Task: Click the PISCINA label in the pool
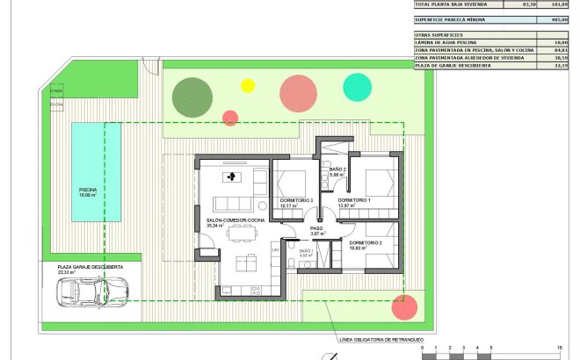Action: [87, 191]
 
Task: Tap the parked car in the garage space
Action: [91, 292]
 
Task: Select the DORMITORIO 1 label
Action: [355, 201]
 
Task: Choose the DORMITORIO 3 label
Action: [296, 201]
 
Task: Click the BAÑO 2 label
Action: [338, 171]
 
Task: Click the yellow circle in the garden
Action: [248, 86]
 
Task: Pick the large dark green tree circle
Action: [192, 95]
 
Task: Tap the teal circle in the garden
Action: [357, 86]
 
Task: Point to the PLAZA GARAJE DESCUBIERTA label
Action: [91, 267]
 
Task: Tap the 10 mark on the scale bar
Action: [559, 349]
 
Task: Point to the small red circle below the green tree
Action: [230, 117]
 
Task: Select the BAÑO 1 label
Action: [306, 252]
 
